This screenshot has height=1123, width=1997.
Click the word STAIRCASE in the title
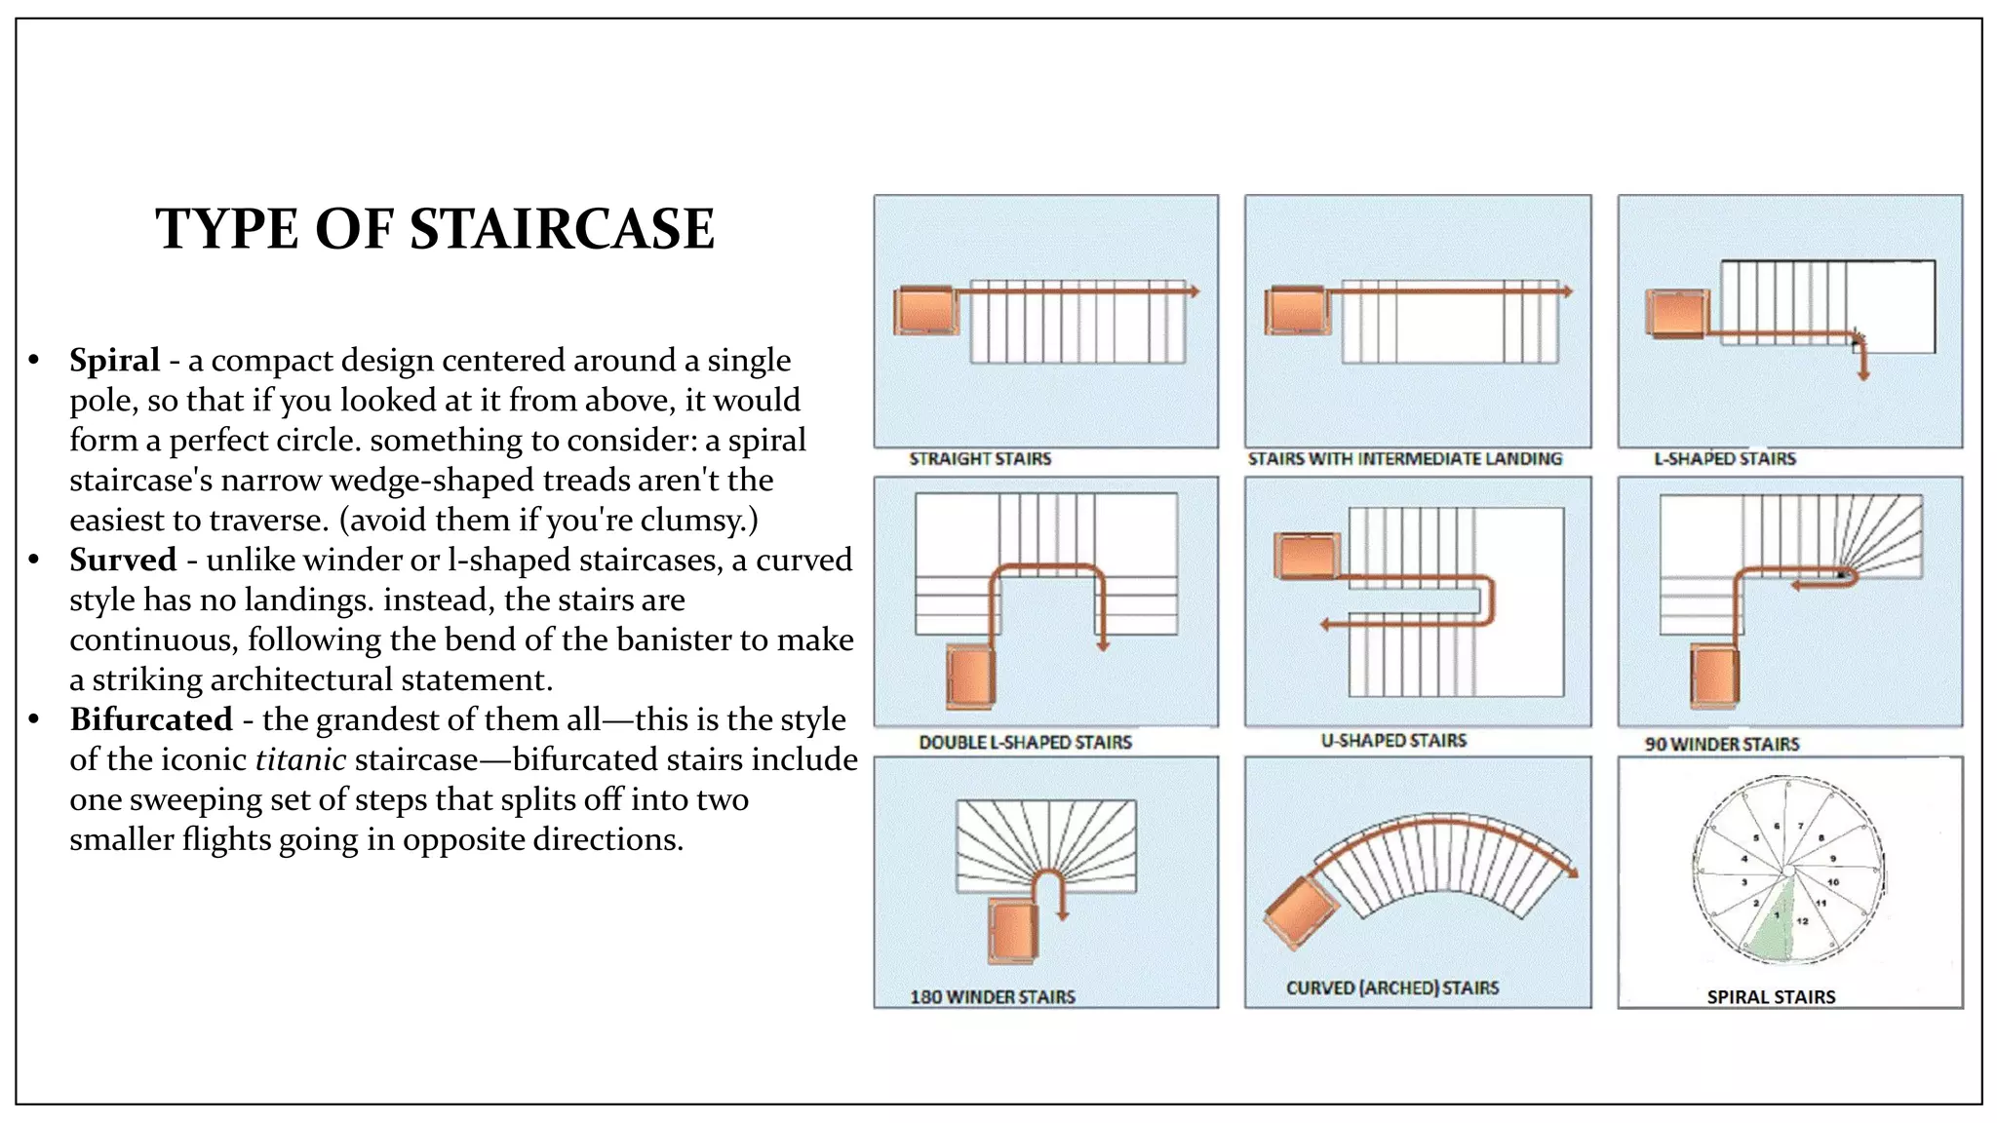(562, 230)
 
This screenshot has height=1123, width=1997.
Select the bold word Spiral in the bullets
(114, 361)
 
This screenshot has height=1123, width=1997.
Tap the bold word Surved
(123, 561)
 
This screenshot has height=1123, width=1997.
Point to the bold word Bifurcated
(151, 720)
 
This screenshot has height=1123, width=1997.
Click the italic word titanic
(300, 760)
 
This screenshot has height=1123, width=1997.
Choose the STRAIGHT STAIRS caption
(980, 459)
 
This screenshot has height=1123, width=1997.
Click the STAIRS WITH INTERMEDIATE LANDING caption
(1404, 459)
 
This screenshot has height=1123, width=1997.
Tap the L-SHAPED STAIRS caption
(1724, 459)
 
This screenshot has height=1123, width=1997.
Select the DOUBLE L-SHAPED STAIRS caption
(1025, 743)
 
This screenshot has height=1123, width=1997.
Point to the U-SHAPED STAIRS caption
(1393, 741)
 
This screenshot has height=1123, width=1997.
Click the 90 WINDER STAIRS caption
(1721, 745)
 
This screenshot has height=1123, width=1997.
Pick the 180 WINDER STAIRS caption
(993, 997)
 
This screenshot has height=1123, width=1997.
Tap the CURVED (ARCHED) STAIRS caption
(1392, 988)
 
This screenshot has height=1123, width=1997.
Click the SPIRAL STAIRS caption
(1771, 997)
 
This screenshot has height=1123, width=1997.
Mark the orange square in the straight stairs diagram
(925, 311)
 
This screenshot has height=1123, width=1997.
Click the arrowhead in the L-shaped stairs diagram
(1862, 374)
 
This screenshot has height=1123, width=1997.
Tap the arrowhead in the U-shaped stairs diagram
(1325, 625)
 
